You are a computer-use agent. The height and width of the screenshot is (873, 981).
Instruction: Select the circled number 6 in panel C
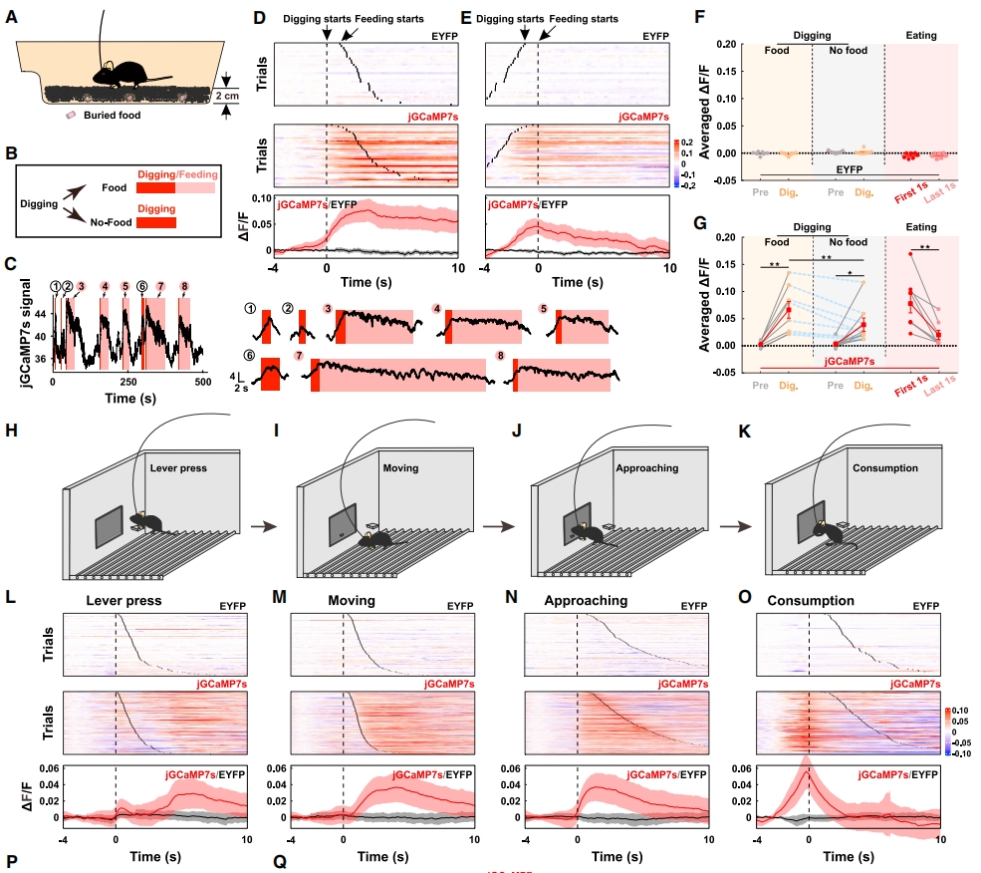click(x=142, y=286)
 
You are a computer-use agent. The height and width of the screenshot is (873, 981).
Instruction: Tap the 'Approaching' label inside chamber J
click(x=646, y=466)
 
